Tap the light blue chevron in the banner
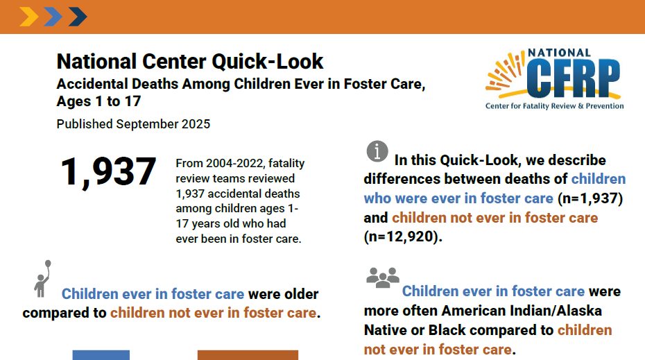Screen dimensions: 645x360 point(53,17)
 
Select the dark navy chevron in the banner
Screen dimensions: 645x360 point(78,17)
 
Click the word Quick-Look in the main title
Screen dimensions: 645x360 point(268,62)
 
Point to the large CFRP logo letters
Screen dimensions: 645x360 point(574,78)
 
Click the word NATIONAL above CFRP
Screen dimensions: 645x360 point(560,53)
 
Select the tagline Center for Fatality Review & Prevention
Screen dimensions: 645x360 point(555,105)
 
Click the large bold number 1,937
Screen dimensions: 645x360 point(108,172)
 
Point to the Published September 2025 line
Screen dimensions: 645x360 point(133,124)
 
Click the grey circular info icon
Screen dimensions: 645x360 point(377,151)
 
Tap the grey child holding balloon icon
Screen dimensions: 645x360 point(42,279)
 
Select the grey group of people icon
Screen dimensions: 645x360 point(383,277)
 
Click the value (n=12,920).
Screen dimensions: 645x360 point(403,237)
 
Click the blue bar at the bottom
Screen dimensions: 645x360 point(101,355)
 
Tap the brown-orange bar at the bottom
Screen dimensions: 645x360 point(248,355)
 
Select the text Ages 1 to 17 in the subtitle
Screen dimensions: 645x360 point(98,101)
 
